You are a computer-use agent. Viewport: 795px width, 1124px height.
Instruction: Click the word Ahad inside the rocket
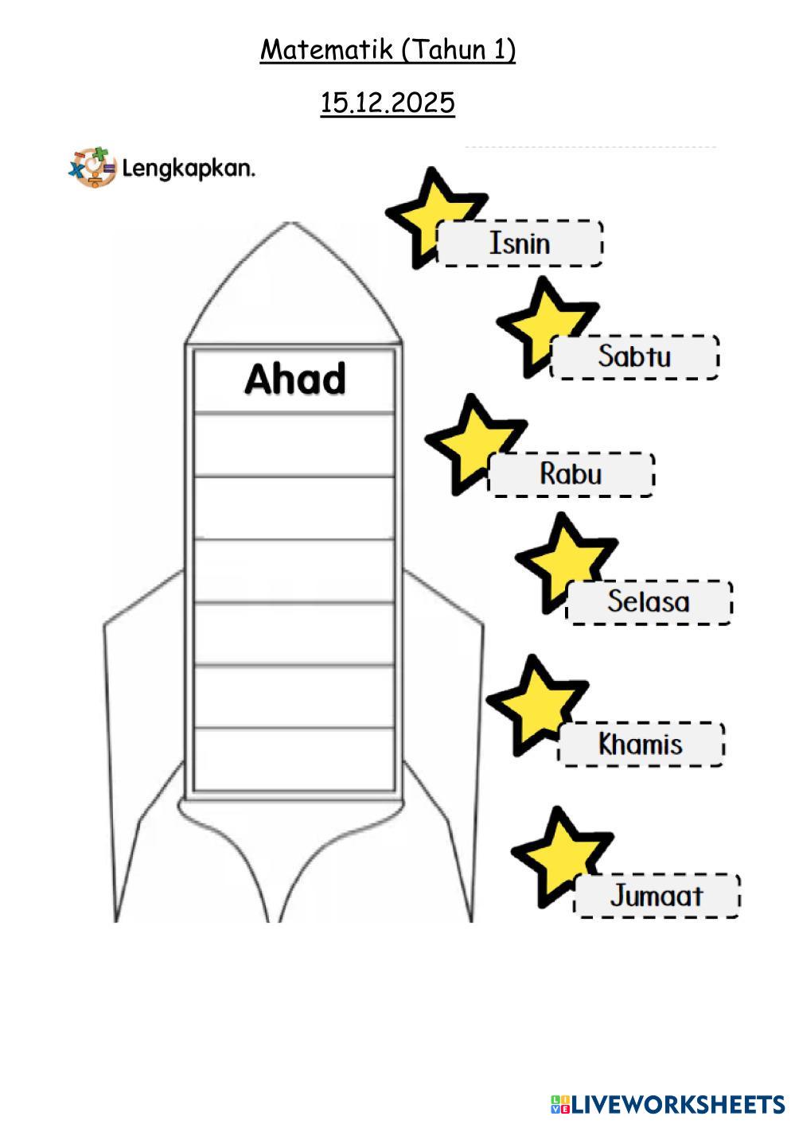tap(294, 379)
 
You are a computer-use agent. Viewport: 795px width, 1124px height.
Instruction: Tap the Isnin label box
tap(520, 243)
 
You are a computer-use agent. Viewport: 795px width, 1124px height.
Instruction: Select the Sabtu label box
tap(634, 356)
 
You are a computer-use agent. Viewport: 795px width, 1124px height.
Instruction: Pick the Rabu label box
tap(571, 474)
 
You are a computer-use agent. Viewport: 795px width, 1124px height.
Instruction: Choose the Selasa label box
tap(648, 602)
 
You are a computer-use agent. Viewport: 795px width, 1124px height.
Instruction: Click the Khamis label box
tap(641, 745)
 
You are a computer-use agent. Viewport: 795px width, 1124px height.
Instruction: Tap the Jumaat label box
tap(657, 896)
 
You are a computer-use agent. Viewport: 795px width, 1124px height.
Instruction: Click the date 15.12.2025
tap(388, 103)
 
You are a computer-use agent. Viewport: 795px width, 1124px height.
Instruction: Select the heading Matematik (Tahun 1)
tap(388, 50)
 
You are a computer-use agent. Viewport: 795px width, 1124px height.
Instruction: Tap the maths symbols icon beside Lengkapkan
tap(92, 167)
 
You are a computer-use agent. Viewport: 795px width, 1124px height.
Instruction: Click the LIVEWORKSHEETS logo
tap(667, 1104)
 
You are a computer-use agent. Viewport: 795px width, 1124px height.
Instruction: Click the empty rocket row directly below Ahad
tap(294, 444)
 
